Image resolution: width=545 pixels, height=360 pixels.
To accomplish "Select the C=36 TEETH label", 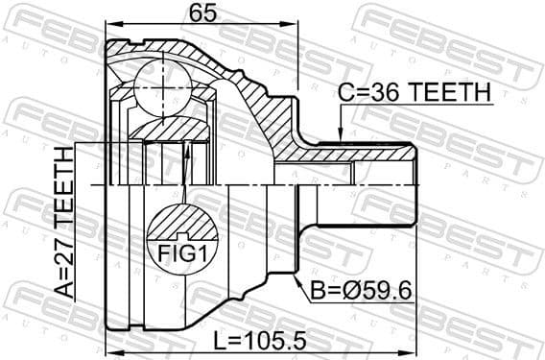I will (414, 93).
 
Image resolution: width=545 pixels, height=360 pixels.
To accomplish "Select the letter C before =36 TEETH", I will (344, 93).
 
